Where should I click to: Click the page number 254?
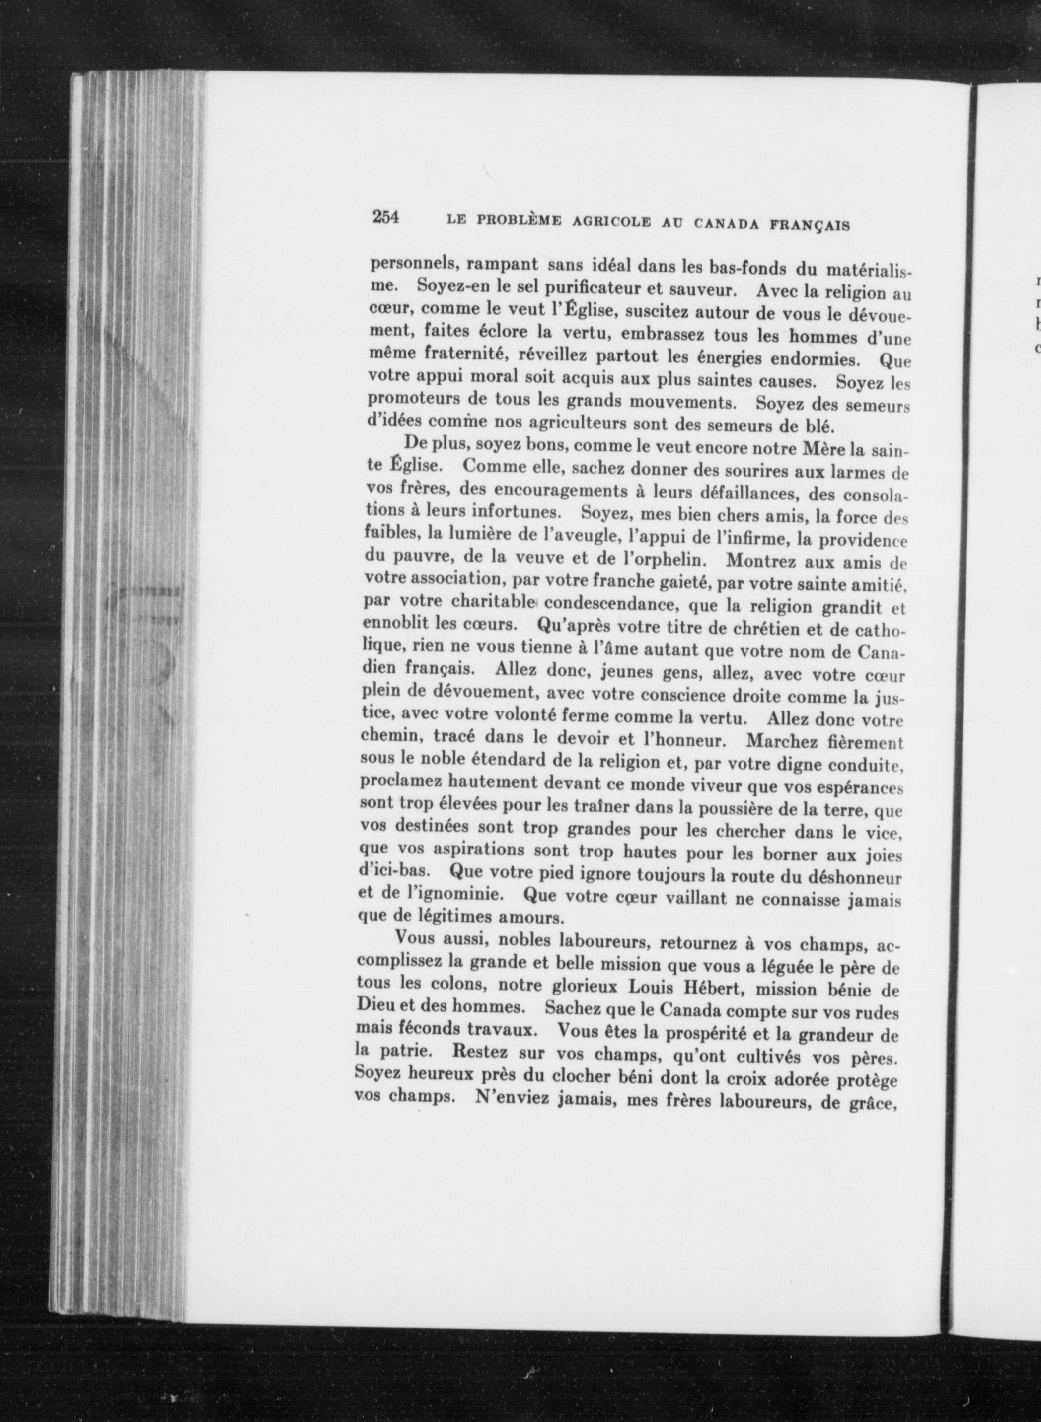(385, 217)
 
